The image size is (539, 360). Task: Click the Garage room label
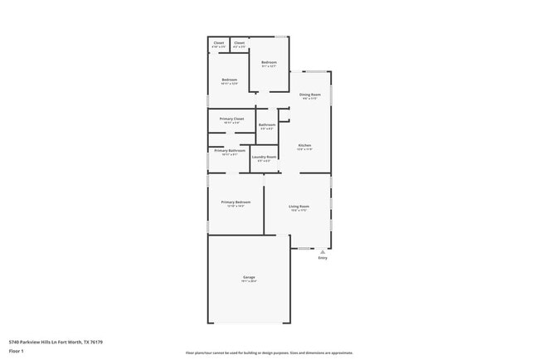[249, 276]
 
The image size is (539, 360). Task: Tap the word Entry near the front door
[323, 258]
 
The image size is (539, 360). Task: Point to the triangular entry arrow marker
[323, 251]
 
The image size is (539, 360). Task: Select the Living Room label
[299, 206]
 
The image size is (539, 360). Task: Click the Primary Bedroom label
[236, 202]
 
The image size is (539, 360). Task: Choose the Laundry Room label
[264, 157]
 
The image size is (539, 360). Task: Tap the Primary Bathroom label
[230, 151]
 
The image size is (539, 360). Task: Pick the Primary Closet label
[231, 119]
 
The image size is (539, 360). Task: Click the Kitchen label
[305, 145]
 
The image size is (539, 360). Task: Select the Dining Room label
[310, 95]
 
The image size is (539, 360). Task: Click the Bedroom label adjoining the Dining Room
[269, 62]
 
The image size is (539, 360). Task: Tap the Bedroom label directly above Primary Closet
[229, 80]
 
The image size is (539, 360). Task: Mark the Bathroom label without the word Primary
[267, 124]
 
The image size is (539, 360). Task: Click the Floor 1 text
[17, 352]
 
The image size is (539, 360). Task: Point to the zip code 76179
[96, 342]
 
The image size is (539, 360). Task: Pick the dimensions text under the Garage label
[249, 281]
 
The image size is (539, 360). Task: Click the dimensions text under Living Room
[299, 211]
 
